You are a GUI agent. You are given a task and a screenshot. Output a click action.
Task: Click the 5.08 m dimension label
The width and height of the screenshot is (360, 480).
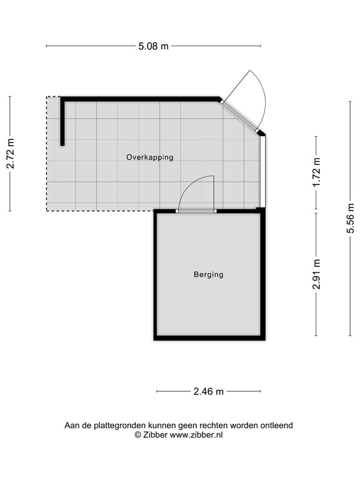tap(153, 46)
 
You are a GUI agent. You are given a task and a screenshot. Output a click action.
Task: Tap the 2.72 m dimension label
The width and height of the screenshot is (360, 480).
tap(11, 153)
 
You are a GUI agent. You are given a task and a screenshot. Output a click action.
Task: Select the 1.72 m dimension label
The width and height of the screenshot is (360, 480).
tap(316, 172)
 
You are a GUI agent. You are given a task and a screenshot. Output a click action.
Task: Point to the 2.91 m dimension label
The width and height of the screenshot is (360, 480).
tap(316, 274)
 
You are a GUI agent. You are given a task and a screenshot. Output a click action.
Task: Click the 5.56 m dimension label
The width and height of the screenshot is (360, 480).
tap(351, 218)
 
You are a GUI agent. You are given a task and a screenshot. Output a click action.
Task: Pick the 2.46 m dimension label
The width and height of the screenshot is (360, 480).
tap(209, 391)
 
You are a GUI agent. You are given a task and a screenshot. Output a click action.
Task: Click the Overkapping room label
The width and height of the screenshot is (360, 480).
tap(150, 157)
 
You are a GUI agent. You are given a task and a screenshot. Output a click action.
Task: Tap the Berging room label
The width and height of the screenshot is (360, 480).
tap(209, 274)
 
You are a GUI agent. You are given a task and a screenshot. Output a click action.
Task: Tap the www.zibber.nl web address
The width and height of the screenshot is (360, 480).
tap(196, 435)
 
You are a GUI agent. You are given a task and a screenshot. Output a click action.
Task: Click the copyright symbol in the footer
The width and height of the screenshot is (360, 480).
tap(137, 435)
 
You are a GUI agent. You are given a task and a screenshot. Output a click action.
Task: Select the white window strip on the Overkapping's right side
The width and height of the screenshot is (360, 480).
tap(262, 172)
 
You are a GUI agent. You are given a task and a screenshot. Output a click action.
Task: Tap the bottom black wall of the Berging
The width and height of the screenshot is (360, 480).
tap(209, 338)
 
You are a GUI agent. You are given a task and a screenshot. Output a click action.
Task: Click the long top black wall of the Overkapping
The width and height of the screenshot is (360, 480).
tap(140, 99)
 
